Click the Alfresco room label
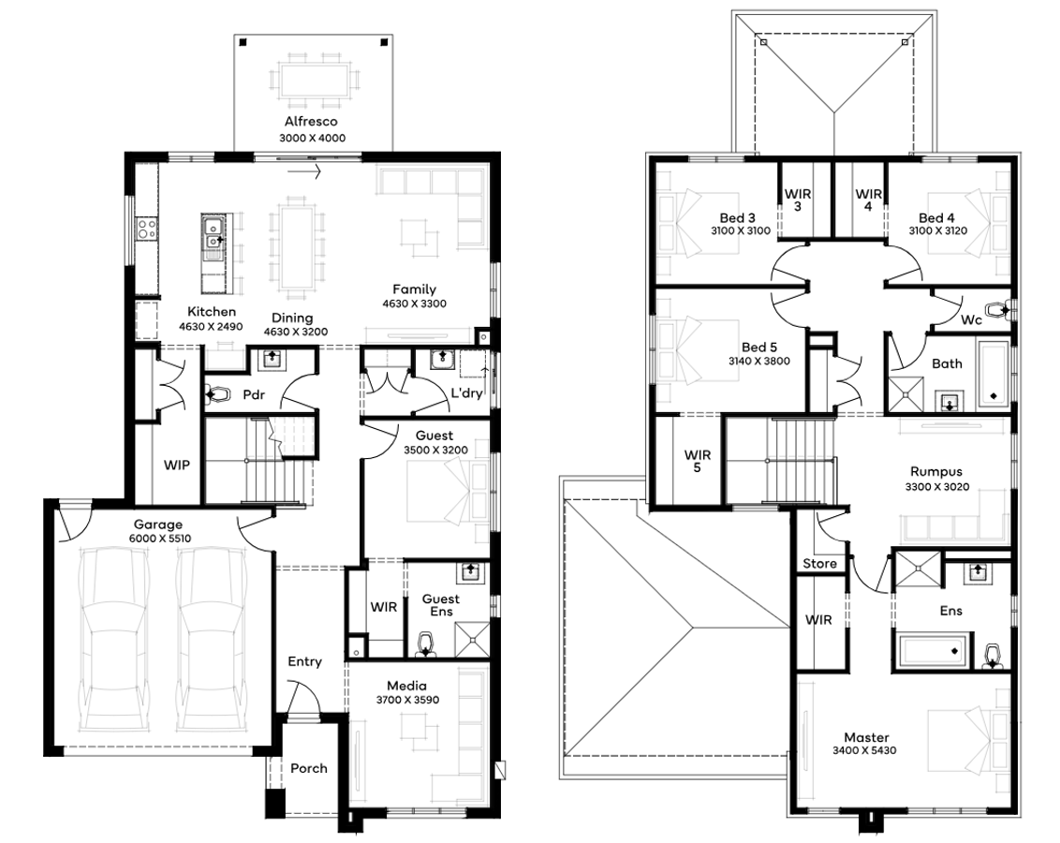(311, 122)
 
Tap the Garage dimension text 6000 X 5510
(157, 540)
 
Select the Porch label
(308, 768)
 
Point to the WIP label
(177, 465)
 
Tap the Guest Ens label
(440, 605)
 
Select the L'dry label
(465, 393)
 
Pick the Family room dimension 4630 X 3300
(414, 304)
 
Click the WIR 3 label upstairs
(798, 200)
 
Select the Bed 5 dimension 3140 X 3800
(759, 361)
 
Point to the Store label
(818, 564)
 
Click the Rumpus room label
(935, 472)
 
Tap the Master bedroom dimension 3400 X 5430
(866, 751)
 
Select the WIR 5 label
(697, 461)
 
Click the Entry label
(304, 661)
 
